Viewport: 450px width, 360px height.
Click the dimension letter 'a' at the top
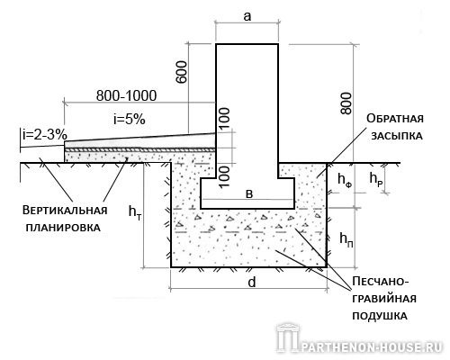(x=247, y=16)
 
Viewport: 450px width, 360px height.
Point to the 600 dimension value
(x=182, y=72)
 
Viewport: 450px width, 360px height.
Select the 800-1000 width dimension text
(x=126, y=95)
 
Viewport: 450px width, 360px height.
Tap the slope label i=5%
(x=130, y=120)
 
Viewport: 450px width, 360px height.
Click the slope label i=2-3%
(x=45, y=135)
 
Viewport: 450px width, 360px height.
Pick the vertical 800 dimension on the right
(x=346, y=103)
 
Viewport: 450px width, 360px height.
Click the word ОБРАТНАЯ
(x=395, y=119)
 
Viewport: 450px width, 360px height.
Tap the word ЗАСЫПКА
(x=397, y=136)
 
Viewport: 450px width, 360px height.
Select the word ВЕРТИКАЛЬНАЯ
(x=65, y=210)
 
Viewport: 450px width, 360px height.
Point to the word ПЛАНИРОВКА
(x=63, y=227)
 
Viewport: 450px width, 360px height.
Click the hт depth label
(x=135, y=211)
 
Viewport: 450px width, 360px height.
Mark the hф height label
(x=345, y=180)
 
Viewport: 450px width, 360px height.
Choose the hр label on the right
(x=376, y=179)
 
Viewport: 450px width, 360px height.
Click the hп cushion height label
(x=346, y=239)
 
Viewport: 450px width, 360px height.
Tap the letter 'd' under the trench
(x=252, y=282)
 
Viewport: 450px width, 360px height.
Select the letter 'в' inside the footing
(x=249, y=194)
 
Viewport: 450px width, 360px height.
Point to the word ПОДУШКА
(x=380, y=316)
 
